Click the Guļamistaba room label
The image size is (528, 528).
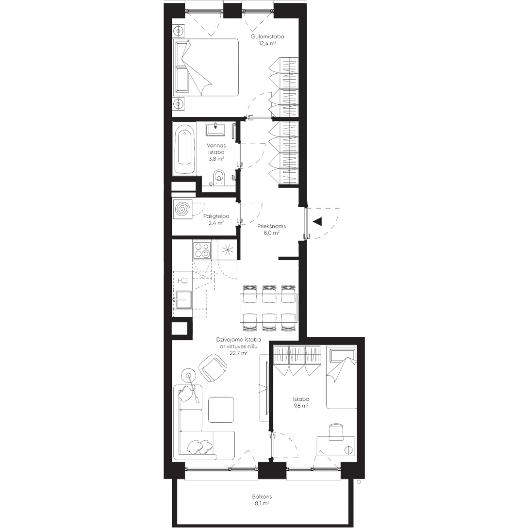[266, 36]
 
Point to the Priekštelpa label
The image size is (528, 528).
[272, 226]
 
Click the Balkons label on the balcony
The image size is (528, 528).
[262, 497]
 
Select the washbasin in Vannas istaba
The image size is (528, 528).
[215, 129]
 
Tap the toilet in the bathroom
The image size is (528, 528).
[218, 178]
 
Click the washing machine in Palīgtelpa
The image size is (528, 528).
[183, 209]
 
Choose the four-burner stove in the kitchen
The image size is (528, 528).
[201, 250]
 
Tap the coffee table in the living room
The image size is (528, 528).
[220, 409]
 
